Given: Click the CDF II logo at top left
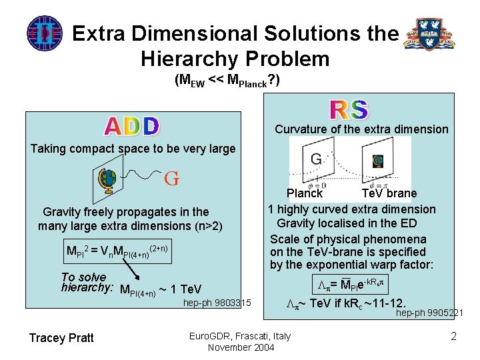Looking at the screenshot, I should click(x=44, y=33).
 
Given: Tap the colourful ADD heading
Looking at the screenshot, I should click(x=132, y=126).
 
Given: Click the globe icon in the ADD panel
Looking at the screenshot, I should click(x=107, y=177).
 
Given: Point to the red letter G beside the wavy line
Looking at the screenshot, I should click(x=171, y=179).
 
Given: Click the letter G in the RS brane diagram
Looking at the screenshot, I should click(x=316, y=159).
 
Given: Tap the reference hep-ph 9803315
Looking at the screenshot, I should click(x=217, y=303).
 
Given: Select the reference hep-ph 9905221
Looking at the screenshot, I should click(x=430, y=312).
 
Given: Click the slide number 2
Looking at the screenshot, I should click(x=454, y=336).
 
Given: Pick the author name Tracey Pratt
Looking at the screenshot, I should click(x=61, y=337).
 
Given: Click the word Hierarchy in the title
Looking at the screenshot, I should click(x=186, y=59).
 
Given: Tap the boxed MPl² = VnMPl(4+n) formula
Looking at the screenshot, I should click(x=117, y=251).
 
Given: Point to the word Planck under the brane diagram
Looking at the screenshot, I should click(x=305, y=193).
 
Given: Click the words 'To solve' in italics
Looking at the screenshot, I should click(x=83, y=277).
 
